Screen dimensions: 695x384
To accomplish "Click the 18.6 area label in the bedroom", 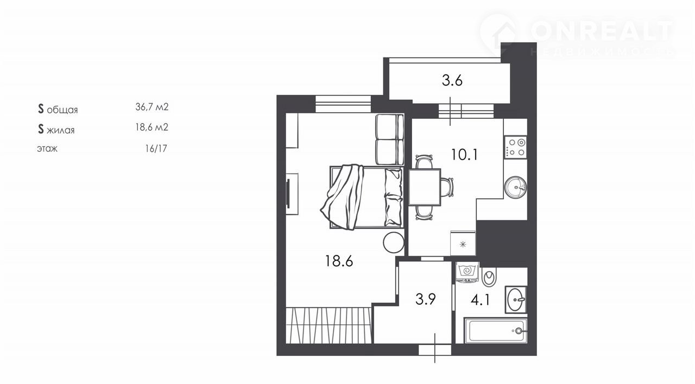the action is pos(339,261).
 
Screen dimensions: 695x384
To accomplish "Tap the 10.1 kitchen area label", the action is pos(464,155).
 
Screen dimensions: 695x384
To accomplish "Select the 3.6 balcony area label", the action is pos(452,80).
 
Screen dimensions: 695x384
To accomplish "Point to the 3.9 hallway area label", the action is pos(425,299).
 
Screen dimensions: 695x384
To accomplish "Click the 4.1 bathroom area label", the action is pos(481,300).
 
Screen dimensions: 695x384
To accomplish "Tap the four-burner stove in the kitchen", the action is pos(515,147).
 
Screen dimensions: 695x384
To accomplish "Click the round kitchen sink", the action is pos(515,187).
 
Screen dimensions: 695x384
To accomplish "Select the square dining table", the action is pos(425,187).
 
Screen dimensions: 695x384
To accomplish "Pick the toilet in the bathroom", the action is pos(489,277).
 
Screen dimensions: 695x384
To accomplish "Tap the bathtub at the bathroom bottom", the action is pos(496,330).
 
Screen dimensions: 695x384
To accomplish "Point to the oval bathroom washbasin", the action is pos(516,300).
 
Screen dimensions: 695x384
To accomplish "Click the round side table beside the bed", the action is pos(394,242).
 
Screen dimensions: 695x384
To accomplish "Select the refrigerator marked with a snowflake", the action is pos(463,243).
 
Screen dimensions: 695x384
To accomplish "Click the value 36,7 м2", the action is pos(151,107).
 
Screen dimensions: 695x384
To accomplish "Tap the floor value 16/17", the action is pos(156,149).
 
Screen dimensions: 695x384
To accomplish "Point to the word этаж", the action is pos(47,149).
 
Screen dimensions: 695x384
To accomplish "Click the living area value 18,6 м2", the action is pos(151,127).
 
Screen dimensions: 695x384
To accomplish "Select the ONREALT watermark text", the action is pos(602,31).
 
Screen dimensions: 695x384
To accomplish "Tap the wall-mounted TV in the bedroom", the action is pos(71,194).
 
